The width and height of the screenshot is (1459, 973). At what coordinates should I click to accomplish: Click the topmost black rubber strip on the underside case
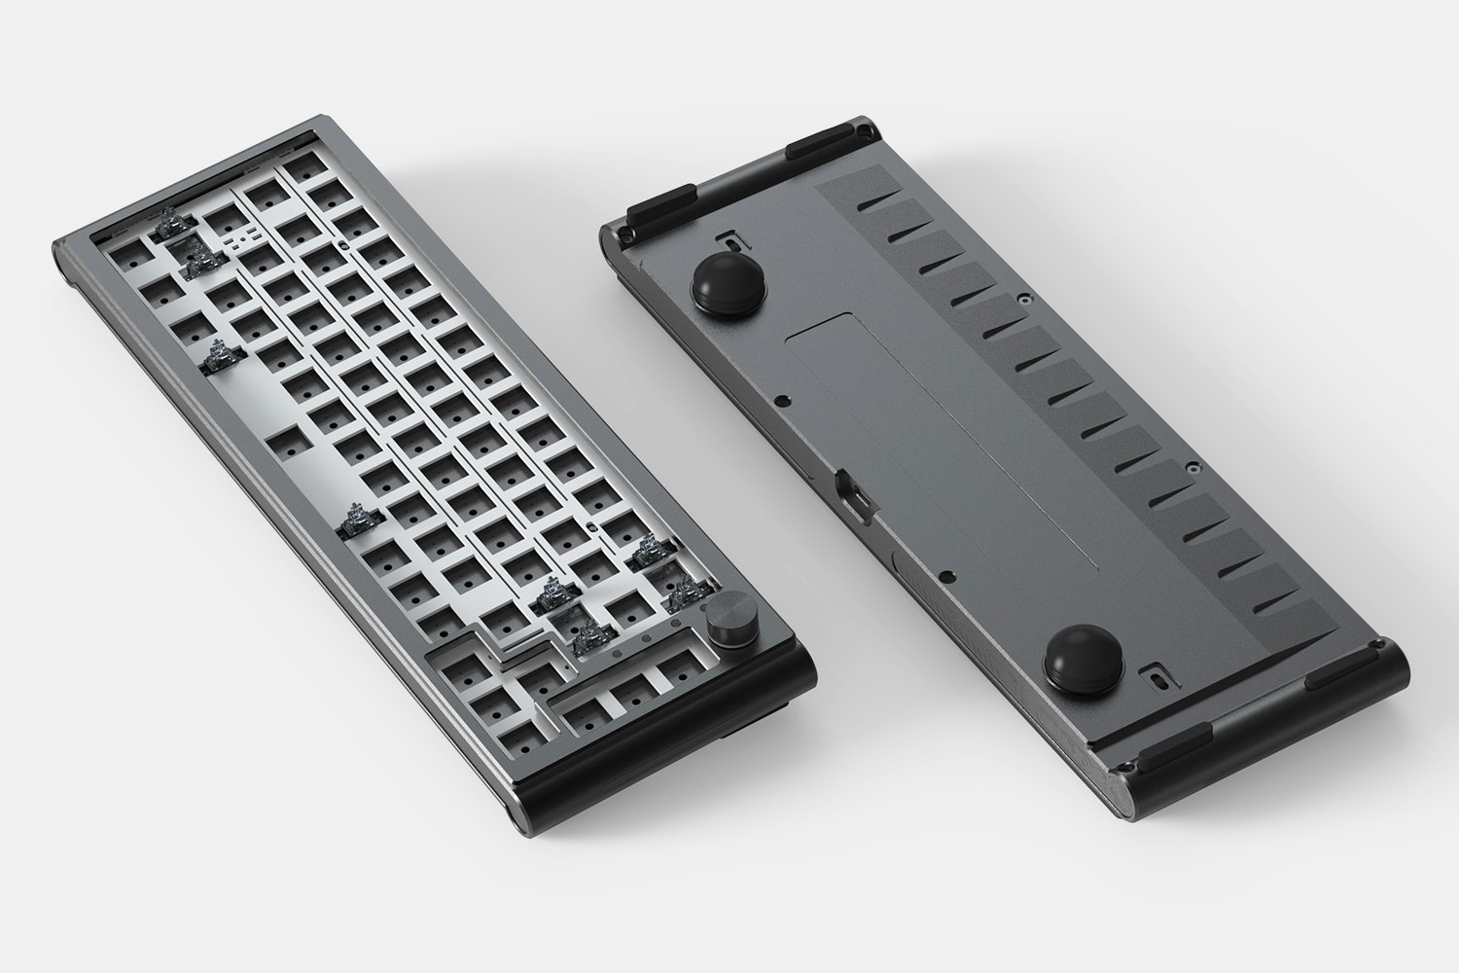pos(822,147)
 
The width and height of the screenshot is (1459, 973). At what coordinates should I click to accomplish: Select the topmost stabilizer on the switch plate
pos(172,224)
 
